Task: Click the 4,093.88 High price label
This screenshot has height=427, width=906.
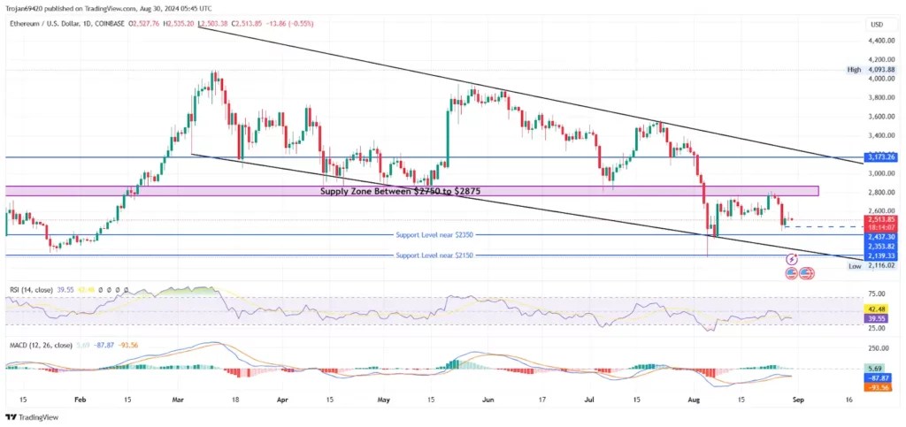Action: (x=881, y=70)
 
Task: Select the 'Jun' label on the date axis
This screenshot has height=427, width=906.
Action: (x=487, y=400)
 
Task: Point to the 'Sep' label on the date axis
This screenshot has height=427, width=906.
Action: (x=796, y=400)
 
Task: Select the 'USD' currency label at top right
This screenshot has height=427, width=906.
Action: (x=878, y=24)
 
